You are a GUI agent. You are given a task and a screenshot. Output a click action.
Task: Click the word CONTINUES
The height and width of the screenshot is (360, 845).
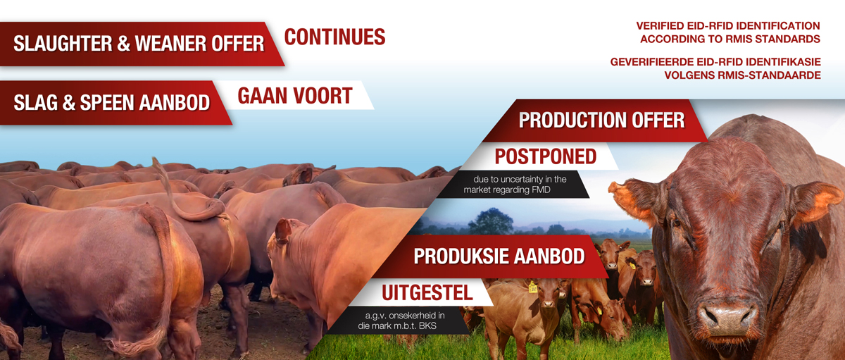tap(334, 37)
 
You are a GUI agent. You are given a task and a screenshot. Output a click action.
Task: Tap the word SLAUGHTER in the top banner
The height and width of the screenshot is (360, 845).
tap(63, 44)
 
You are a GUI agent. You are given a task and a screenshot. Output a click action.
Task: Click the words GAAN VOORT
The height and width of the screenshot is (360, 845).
tap(295, 96)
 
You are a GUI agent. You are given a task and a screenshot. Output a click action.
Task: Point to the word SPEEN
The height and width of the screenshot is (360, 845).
tap(106, 102)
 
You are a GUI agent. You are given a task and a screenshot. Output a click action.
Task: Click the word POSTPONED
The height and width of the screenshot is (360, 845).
tap(546, 156)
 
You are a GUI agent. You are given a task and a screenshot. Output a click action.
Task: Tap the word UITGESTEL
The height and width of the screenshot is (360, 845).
tap(427, 293)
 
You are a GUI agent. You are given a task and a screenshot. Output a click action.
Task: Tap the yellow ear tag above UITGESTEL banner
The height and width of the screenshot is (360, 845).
tap(532, 287)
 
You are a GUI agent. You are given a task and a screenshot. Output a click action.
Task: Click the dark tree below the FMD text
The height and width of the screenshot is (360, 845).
tap(492, 221)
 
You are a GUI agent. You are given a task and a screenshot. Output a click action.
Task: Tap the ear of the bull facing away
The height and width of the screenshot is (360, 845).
tap(283, 230)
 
